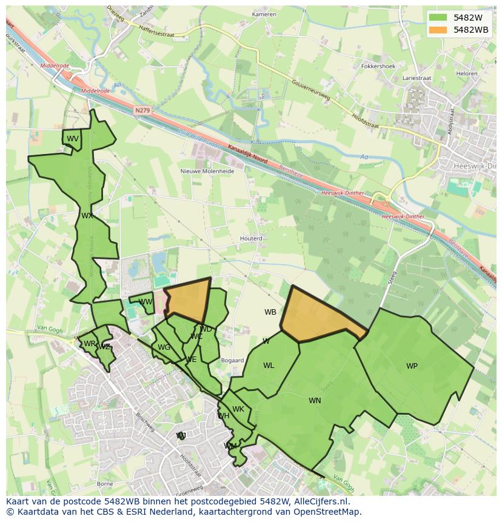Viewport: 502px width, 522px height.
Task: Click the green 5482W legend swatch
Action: pyautogui.click(x=438, y=18)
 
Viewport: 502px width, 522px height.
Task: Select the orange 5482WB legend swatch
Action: pyautogui.click(x=438, y=30)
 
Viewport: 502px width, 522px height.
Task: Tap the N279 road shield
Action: pyautogui.click(x=142, y=110)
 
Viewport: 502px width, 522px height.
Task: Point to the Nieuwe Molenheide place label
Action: pyautogui.click(x=207, y=171)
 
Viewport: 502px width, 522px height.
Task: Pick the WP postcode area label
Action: pyautogui.click(x=412, y=366)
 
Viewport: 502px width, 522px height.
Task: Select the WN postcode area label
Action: pyautogui.click(x=315, y=400)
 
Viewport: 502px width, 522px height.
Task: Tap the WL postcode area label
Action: pyautogui.click(x=269, y=365)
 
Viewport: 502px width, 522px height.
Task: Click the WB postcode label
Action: pyautogui.click(x=270, y=312)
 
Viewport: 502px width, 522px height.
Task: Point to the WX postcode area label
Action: pyautogui.click(x=87, y=215)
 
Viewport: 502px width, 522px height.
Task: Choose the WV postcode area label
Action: pyautogui.click(x=73, y=139)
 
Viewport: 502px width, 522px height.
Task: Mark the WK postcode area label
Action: pyautogui.click(x=238, y=409)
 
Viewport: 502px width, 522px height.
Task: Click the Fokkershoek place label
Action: pyautogui.click(x=378, y=66)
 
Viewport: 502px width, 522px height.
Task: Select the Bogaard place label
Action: pyautogui.click(x=233, y=361)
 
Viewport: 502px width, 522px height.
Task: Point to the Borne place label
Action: pyautogui.click(x=105, y=484)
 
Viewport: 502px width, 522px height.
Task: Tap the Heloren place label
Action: pyautogui.click(x=467, y=73)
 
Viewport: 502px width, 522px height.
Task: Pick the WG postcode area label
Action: pyautogui.click(x=164, y=347)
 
